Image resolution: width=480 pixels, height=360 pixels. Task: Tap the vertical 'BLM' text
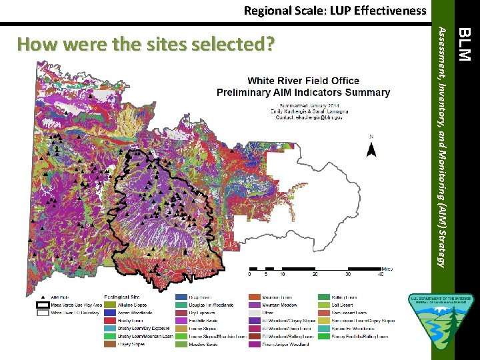(x=467, y=42)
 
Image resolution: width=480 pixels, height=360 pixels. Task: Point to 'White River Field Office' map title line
(x=303, y=81)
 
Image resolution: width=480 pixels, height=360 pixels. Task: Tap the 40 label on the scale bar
(x=381, y=273)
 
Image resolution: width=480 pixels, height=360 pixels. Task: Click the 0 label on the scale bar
(x=249, y=273)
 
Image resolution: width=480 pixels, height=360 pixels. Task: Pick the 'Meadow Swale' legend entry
(x=204, y=344)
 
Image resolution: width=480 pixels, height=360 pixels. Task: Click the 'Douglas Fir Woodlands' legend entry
(x=211, y=304)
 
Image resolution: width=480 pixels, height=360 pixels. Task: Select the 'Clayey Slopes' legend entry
(x=133, y=344)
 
